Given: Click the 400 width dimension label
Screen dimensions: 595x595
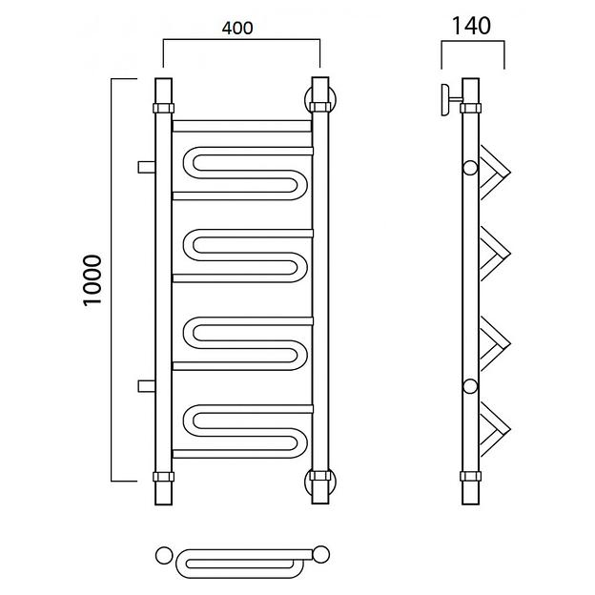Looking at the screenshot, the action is (237, 28).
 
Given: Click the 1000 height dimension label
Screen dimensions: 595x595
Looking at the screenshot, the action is (92, 280).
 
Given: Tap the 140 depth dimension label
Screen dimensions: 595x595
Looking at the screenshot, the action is (472, 26).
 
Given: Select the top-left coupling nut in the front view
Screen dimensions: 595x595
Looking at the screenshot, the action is (164, 108).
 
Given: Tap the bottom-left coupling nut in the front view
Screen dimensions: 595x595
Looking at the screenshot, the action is (164, 477).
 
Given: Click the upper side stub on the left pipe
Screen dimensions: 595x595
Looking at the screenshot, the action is (147, 167).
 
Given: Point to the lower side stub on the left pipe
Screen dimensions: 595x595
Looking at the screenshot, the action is (147, 386).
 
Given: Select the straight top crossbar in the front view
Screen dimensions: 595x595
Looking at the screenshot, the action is (242, 126).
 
